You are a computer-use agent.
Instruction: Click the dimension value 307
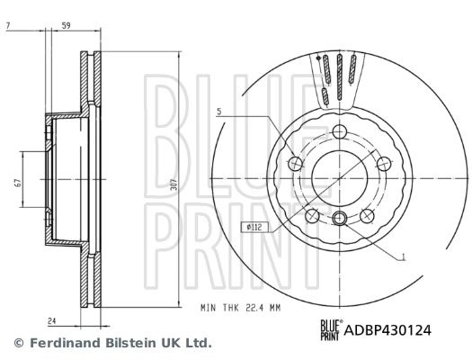tap(174, 184)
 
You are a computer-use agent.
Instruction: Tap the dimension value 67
tap(18, 183)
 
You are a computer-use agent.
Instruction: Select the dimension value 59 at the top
tap(66, 25)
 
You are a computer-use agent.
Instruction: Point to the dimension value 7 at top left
tap(8, 25)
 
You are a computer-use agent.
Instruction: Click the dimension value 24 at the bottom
tap(52, 321)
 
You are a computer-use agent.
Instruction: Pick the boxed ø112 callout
tap(254, 227)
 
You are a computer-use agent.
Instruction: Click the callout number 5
tap(218, 112)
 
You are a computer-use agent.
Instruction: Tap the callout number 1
tap(404, 257)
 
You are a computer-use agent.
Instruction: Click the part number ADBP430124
tap(387, 330)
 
